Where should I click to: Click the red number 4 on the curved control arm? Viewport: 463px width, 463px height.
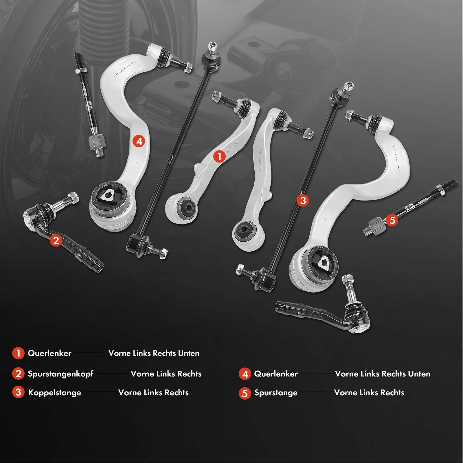click(x=139, y=141)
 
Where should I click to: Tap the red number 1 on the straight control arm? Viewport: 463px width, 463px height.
click(x=219, y=156)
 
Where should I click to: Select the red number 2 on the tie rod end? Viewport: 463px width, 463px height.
click(x=56, y=240)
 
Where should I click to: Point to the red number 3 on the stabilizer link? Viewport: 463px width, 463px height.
click(x=303, y=200)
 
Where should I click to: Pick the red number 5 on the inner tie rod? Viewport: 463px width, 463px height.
click(x=392, y=220)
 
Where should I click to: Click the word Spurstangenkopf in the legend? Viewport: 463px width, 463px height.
click(x=60, y=374)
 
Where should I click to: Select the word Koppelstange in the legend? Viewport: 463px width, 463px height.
click(x=54, y=393)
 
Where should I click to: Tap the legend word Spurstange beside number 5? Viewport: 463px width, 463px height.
click(x=276, y=393)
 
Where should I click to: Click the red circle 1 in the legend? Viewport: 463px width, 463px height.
click(x=18, y=353)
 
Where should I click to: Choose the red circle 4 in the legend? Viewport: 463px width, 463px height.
click(x=245, y=374)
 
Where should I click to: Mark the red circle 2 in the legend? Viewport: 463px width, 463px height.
click(x=18, y=374)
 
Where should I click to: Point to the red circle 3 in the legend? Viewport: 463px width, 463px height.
click(x=18, y=392)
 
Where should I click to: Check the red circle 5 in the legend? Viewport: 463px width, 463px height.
click(x=245, y=393)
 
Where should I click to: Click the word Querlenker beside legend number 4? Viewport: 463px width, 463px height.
click(x=276, y=374)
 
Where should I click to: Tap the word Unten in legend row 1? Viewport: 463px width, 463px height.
click(x=189, y=353)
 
